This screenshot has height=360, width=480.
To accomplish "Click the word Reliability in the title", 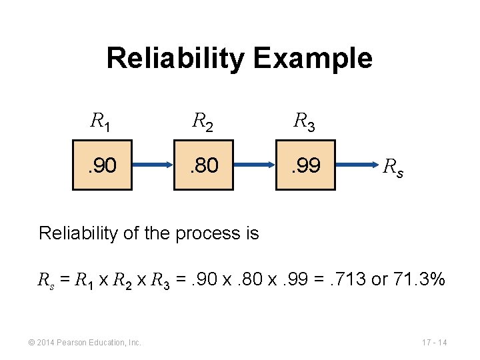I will (x=177, y=59).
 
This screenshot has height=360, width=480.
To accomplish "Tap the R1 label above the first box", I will (x=101, y=121).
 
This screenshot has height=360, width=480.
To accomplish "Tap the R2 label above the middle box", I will (x=203, y=121).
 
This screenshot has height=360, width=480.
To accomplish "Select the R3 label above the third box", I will (x=305, y=121).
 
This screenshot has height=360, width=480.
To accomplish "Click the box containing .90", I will (x=101, y=165).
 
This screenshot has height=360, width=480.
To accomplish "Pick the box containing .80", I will (x=203, y=165).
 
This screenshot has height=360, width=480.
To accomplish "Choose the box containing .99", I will (x=305, y=165).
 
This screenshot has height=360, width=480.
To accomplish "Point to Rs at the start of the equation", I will (x=44, y=281).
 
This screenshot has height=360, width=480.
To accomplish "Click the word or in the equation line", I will (x=379, y=280).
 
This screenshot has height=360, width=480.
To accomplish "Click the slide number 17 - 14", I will (x=435, y=343).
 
